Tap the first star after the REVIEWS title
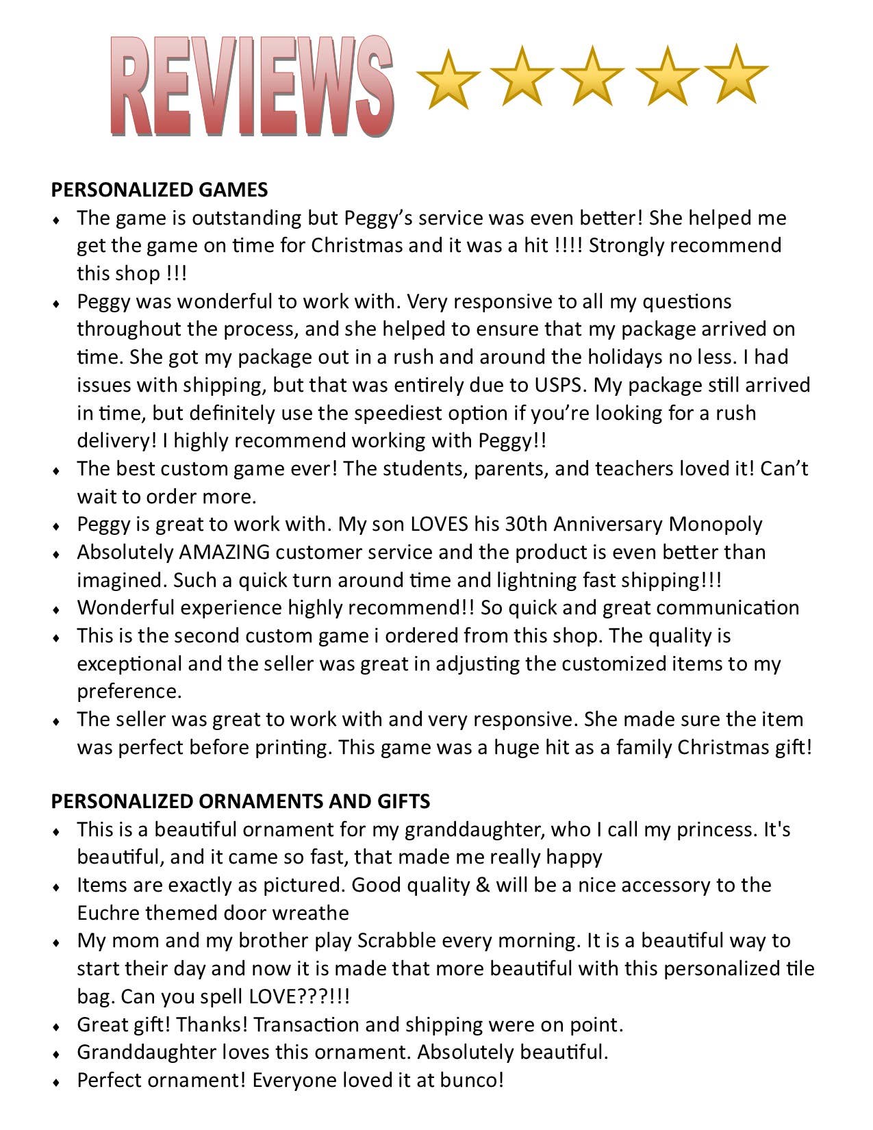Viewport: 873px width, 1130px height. pos(448,79)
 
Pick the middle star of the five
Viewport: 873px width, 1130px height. pos(592,77)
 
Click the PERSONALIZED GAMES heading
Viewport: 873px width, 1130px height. pos(160,190)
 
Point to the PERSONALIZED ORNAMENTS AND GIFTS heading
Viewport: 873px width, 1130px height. pos(240,801)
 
